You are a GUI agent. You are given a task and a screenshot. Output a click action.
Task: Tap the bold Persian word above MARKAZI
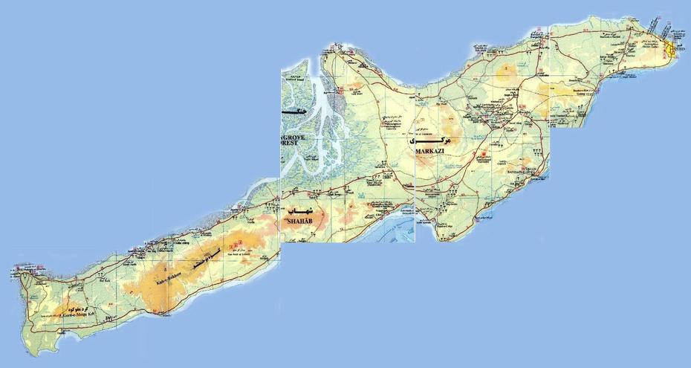click(x=430, y=138)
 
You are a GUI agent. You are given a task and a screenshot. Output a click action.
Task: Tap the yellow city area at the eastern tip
click(x=671, y=51)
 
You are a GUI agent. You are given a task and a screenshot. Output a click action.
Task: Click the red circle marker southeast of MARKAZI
click(x=484, y=155)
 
